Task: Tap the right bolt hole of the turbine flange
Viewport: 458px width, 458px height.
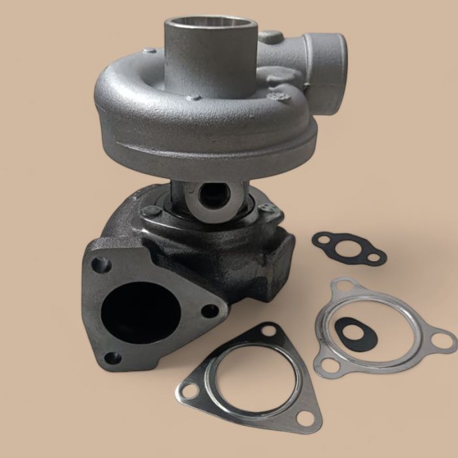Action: click(x=208, y=310)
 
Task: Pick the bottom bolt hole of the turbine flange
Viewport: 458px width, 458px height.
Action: click(x=113, y=358)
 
